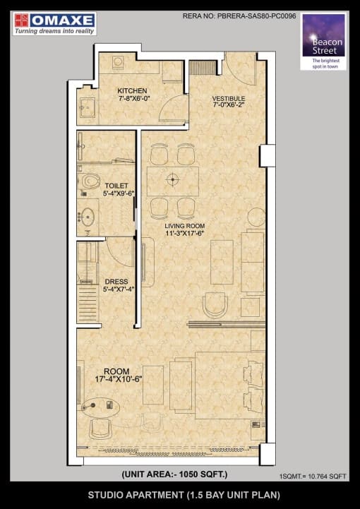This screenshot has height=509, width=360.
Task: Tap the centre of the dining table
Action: click(x=172, y=179)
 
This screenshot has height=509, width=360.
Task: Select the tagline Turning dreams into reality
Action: click(x=56, y=31)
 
